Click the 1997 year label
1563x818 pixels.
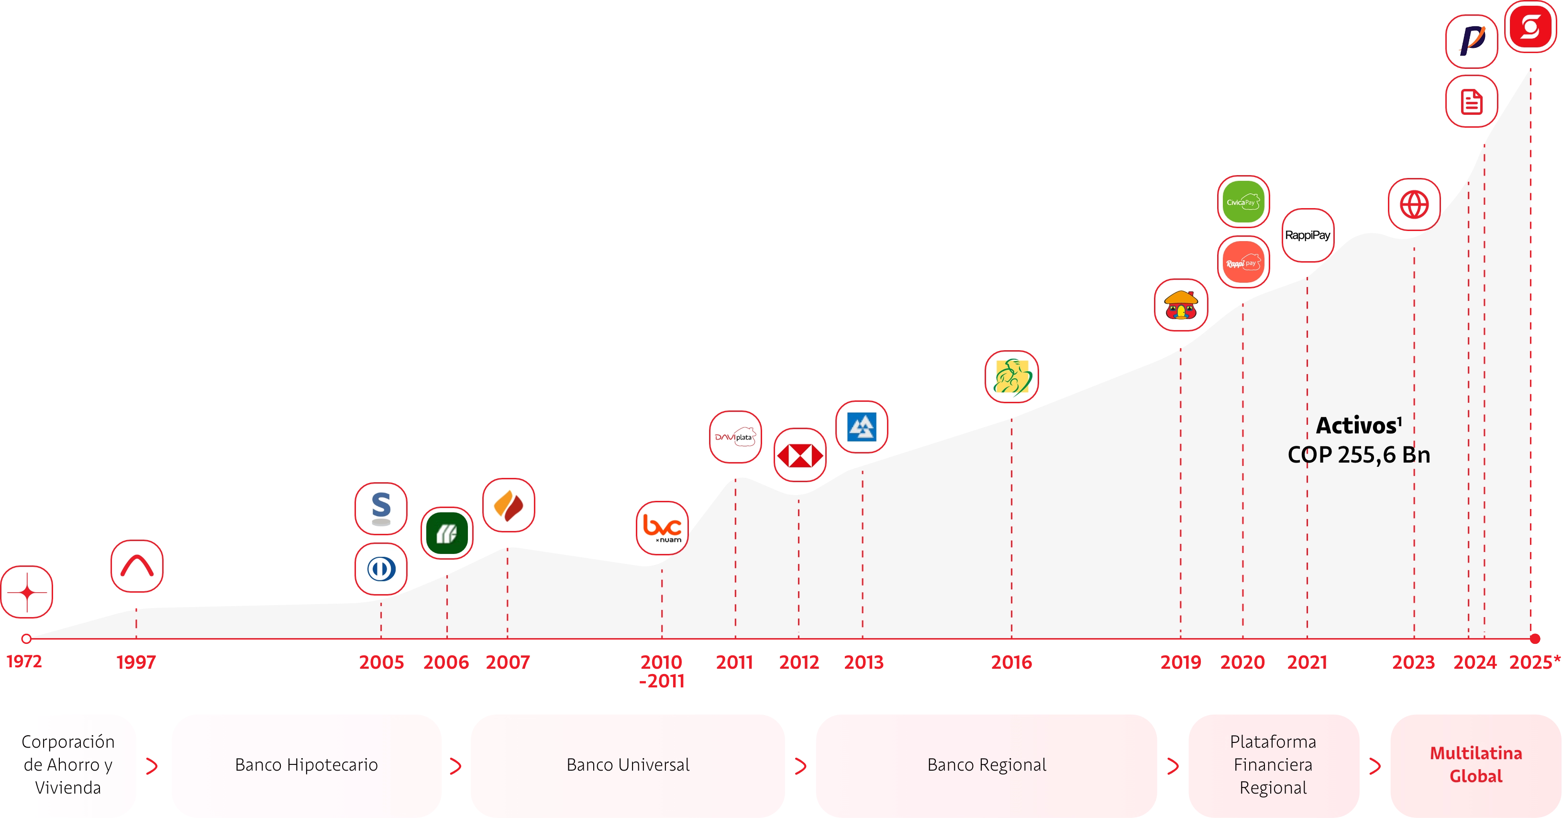tap(136, 662)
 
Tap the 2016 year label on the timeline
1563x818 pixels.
tap(1011, 662)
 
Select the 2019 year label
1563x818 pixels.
tap(1180, 662)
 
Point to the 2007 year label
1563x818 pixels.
tap(508, 662)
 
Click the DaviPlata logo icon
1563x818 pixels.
tap(735, 437)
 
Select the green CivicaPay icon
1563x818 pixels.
tap(1243, 202)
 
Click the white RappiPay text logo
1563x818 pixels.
tap(1308, 235)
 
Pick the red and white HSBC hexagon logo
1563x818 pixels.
tap(800, 455)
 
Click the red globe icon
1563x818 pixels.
tap(1414, 205)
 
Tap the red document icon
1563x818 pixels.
tap(1471, 101)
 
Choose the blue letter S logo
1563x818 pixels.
tap(381, 508)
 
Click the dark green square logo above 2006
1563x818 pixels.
tap(447, 533)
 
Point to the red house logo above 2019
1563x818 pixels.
tap(1181, 305)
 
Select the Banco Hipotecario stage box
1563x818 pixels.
tap(306, 764)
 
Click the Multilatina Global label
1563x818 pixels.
tap(1475, 764)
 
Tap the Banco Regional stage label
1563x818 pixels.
tap(987, 764)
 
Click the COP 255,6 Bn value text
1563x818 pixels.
tap(1359, 454)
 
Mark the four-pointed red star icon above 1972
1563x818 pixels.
tap(27, 592)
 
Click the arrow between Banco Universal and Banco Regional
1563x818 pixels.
tap(800, 766)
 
